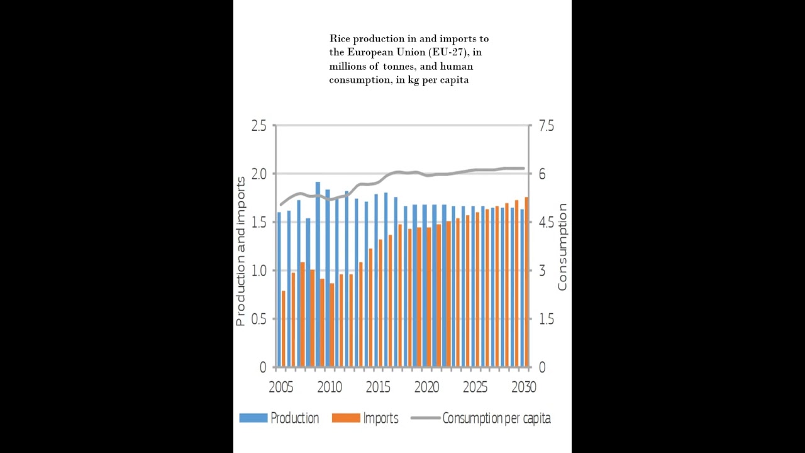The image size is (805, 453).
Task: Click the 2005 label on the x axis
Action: [x=280, y=387]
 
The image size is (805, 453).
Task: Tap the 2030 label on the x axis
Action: [x=523, y=387]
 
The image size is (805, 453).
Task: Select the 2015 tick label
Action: [x=377, y=387]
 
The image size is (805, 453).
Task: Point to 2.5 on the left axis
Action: [x=258, y=126]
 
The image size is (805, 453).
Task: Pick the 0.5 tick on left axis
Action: [x=258, y=319]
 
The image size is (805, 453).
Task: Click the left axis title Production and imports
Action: [x=240, y=252]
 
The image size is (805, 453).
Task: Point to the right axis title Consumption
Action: [x=562, y=247]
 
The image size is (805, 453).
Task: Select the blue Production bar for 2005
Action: [x=279, y=289]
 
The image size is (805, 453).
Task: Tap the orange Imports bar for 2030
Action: [x=526, y=282]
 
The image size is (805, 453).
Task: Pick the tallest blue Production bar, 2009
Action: [x=318, y=274]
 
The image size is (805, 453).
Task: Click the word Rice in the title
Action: [x=340, y=39]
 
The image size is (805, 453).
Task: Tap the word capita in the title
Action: [x=453, y=80]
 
